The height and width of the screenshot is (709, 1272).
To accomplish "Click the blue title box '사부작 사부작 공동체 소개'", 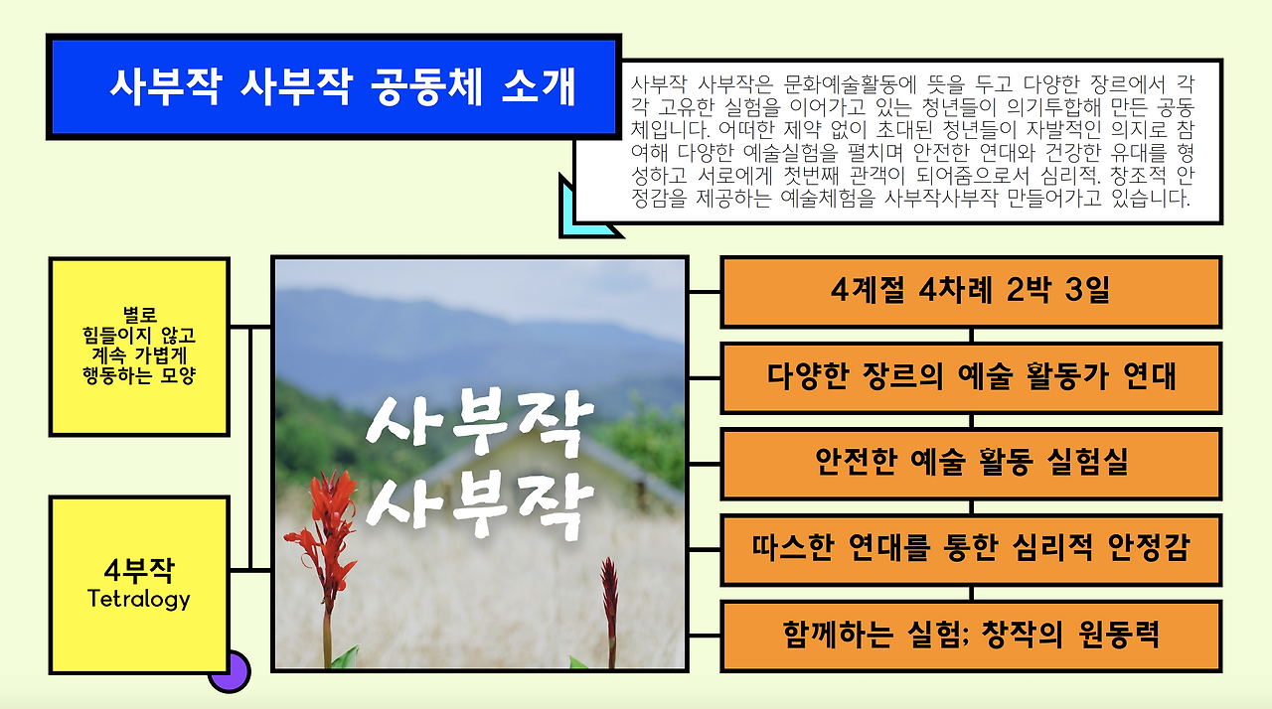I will pyautogui.click(x=333, y=86).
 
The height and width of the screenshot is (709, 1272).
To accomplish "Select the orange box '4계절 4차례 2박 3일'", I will pyautogui.click(x=970, y=292).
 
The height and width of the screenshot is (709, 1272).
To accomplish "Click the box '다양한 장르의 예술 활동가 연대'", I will pyautogui.click(x=970, y=377).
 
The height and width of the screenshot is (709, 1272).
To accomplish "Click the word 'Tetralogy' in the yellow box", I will pyautogui.click(x=139, y=599).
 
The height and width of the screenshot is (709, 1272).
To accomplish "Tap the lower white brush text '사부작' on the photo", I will pyautogui.click(x=480, y=501).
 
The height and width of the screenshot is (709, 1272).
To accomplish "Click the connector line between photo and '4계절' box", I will pyautogui.click(x=704, y=292).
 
